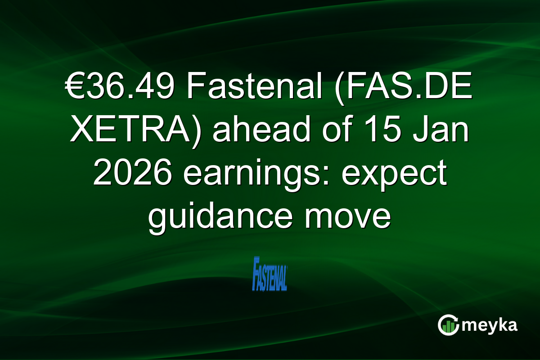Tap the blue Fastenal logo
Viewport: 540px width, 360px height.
pyautogui.click(x=270, y=273)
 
